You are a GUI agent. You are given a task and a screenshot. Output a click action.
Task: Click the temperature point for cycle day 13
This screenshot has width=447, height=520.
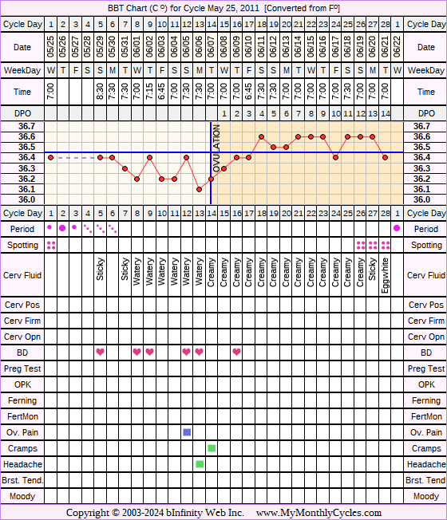coord(199,189)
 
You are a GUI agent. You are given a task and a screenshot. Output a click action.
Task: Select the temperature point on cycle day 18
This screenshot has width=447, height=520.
coord(262,136)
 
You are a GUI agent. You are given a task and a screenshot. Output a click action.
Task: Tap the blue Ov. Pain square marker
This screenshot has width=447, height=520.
coord(187,432)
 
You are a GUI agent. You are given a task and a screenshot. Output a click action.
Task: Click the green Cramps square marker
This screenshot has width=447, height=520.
coord(212,448)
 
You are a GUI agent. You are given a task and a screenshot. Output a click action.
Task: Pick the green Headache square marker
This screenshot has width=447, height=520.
coord(200,464)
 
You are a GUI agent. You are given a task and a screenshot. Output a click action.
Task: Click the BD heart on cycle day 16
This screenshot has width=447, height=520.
coord(236,352)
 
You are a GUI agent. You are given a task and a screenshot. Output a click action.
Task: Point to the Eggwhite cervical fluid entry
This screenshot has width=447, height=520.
coord(385,276)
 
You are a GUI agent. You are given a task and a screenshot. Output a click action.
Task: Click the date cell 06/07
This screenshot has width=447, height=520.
coord(212,47)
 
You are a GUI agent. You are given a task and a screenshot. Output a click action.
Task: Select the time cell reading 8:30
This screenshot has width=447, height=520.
coord(101,92)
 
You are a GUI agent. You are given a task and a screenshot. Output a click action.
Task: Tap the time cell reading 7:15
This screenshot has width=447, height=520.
coord(149,92)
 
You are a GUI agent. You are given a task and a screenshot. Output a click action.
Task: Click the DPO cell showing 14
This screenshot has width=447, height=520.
coord(386,114)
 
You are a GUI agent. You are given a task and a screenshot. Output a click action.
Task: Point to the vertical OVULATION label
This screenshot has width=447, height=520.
coord(216,148)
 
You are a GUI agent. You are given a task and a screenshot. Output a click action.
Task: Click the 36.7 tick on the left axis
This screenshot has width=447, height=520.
coord(26,126)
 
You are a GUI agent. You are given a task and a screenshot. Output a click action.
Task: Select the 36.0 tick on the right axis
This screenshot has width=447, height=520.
coord(421,199)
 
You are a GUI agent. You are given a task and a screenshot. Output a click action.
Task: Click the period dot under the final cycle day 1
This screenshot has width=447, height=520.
coord(397,228)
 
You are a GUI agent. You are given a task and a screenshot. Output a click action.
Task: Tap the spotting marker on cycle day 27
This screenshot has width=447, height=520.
coord(373,246)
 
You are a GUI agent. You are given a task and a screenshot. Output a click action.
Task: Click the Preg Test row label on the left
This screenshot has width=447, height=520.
coord(22,368)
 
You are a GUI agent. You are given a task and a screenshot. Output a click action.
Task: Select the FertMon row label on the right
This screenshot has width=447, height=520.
coord(426,416)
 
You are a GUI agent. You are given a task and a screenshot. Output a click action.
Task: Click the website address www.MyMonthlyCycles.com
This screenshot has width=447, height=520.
coord(318,513)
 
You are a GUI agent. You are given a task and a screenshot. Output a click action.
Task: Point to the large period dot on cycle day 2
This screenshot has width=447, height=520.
coord(62,228)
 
